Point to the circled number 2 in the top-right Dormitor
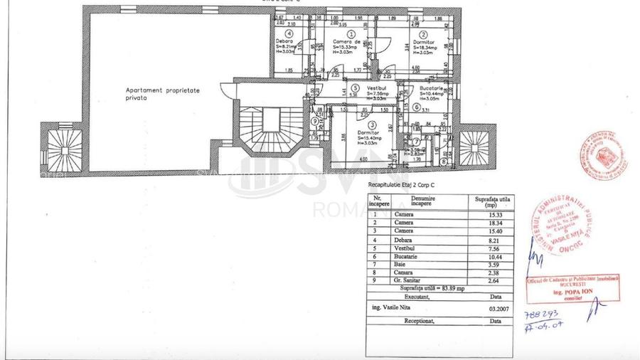422,33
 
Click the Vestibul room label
378,87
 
